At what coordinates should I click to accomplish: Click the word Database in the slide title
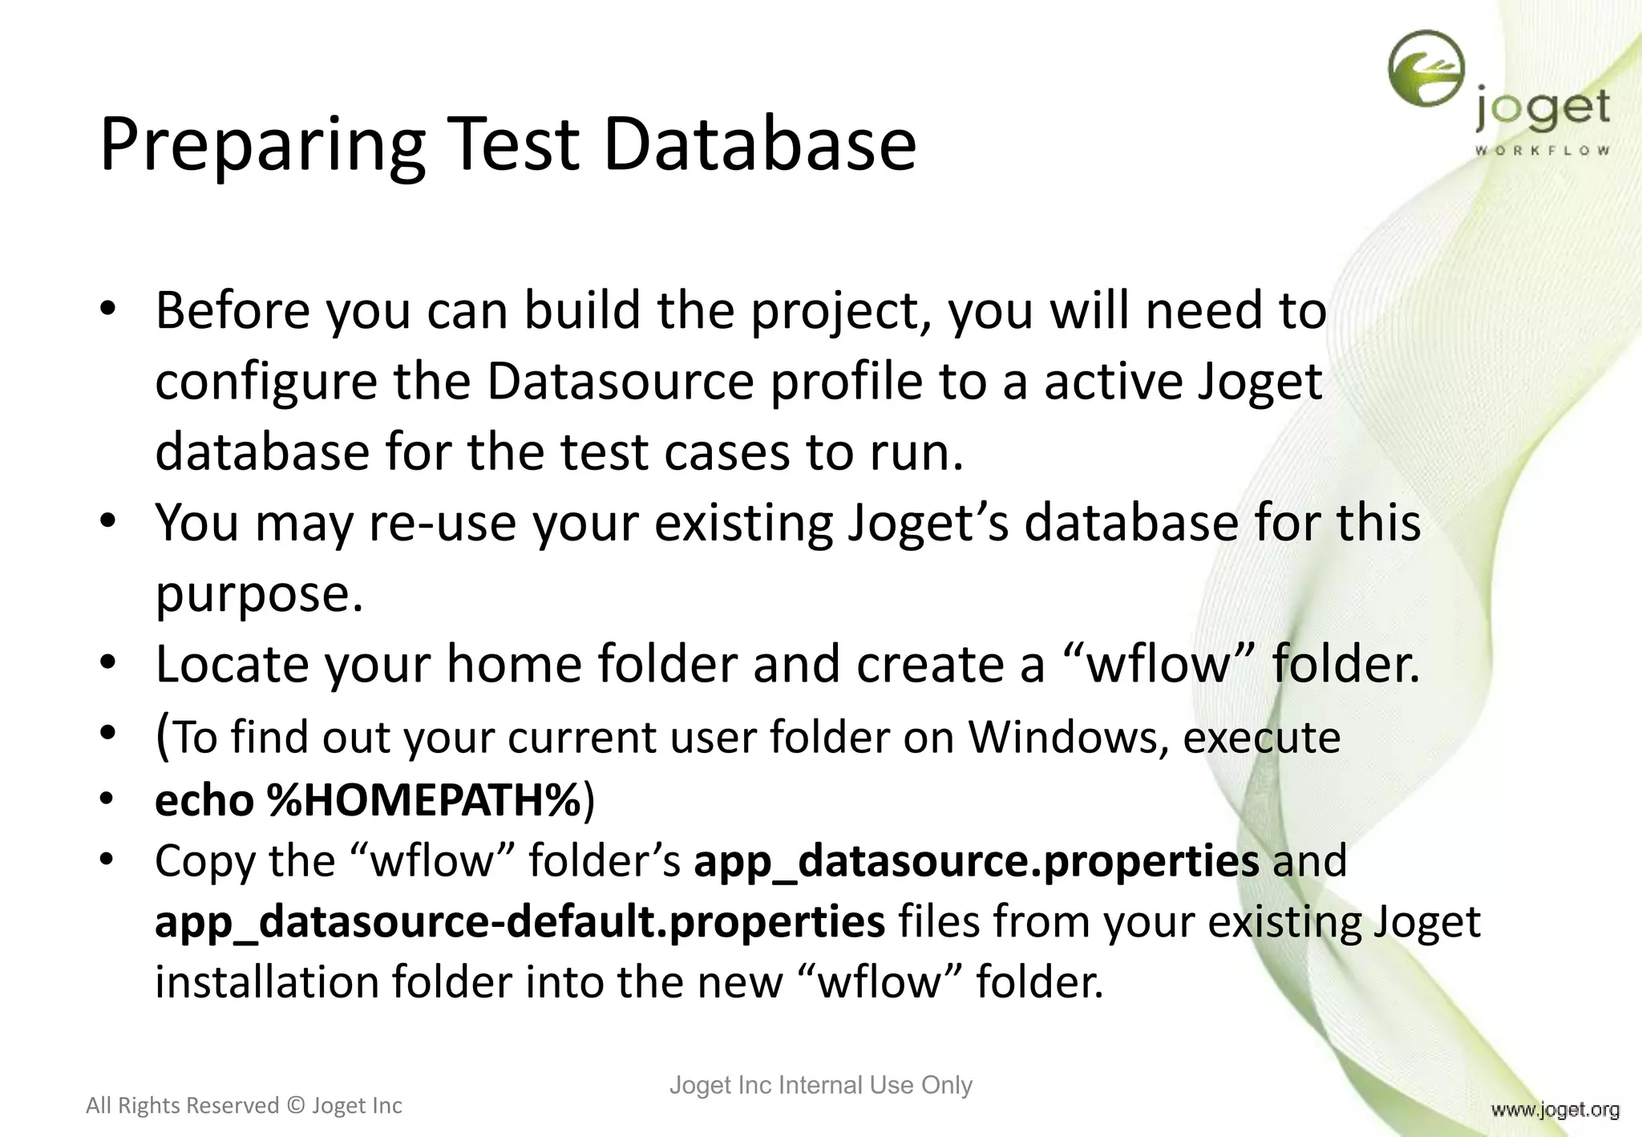758,144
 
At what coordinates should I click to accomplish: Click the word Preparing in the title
262,144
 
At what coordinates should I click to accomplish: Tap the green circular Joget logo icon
1426,70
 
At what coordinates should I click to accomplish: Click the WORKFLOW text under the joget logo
1542,150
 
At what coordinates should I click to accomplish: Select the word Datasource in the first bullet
620,381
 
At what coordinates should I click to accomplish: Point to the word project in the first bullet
833,311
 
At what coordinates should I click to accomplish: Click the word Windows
1062,737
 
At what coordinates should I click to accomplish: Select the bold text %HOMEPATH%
424,800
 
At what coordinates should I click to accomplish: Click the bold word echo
204,800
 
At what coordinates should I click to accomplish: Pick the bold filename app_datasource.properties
976,861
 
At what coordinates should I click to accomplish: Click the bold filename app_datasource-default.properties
520,921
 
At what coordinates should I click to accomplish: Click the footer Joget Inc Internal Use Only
820,1085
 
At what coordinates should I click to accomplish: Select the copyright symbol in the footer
295,1106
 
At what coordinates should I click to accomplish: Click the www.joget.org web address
1555,1110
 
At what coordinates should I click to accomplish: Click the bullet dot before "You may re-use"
108,521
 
